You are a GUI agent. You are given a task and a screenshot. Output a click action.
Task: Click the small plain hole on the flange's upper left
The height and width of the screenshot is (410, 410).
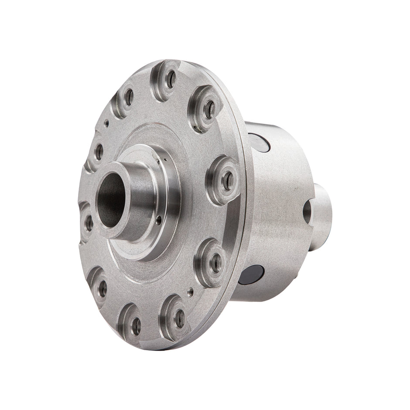point(106,123)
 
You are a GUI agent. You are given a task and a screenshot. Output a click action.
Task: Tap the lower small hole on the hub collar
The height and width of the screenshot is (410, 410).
point(160,220)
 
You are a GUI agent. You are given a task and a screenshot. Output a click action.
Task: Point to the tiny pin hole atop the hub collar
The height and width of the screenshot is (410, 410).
point(165,161)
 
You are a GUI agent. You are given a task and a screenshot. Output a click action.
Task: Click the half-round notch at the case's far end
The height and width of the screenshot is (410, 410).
point(307,210)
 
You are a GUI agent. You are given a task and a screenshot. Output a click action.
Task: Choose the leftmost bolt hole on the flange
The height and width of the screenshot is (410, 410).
point(89,224)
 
